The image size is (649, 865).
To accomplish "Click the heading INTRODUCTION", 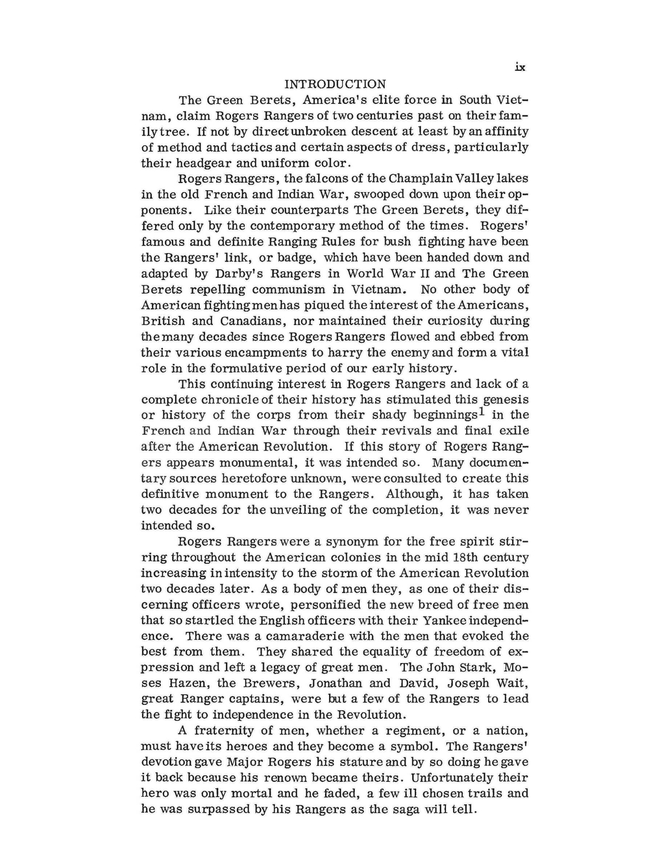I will (x=335, y=84).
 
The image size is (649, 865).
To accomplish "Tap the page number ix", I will (x=519, y=67).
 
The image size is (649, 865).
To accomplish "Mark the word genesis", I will (x=502, y=400).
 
